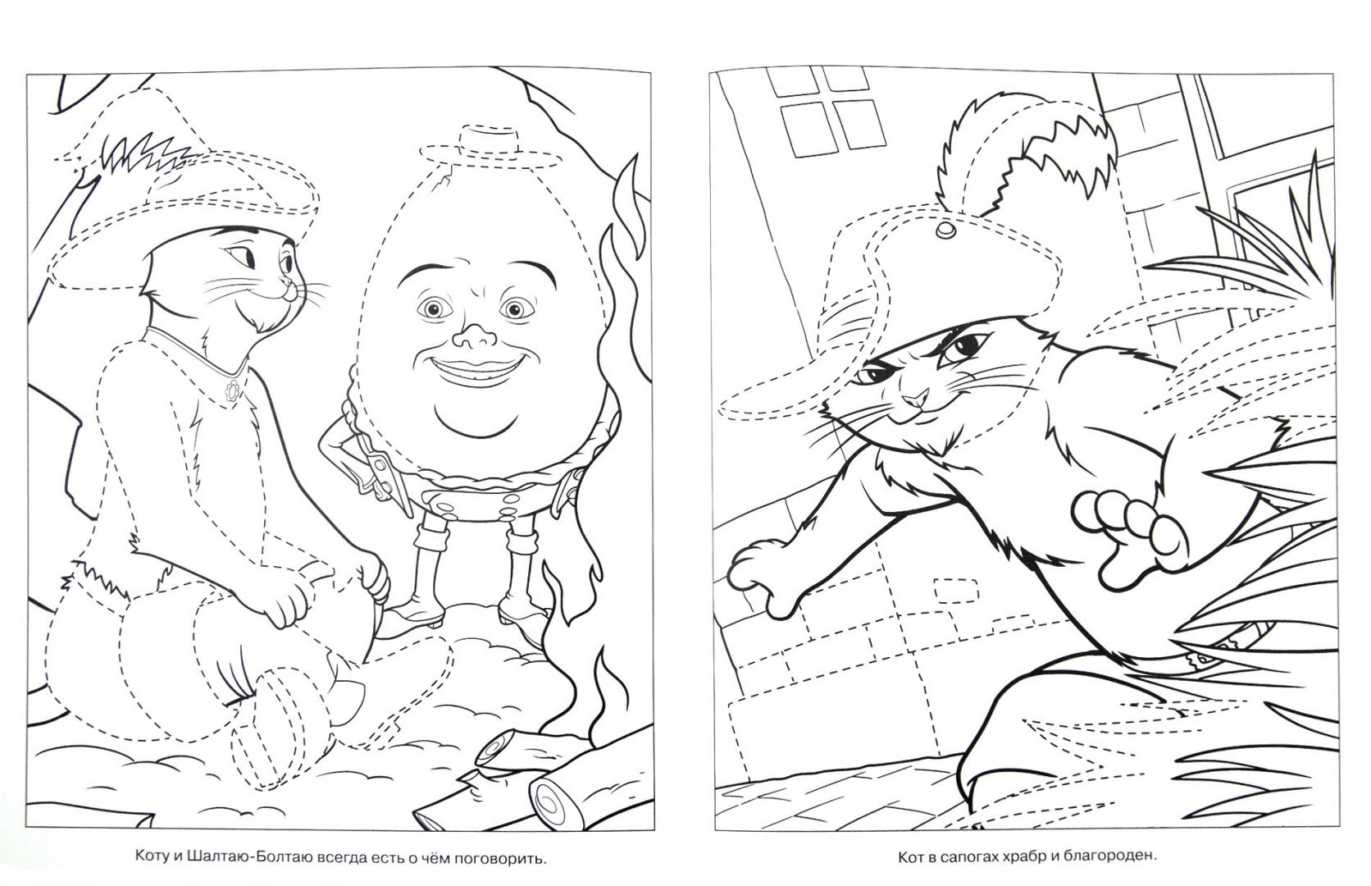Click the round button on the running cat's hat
(x=945, y=229)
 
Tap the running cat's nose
(x=916, y=400)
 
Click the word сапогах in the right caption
(x=982, y=856)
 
